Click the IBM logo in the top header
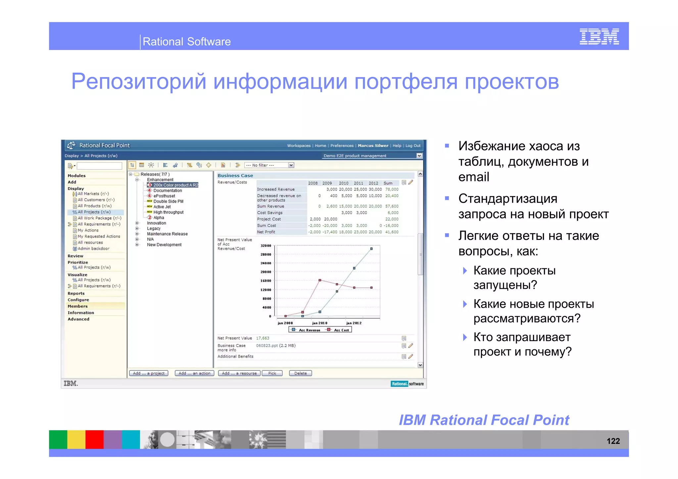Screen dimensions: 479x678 point(599,36)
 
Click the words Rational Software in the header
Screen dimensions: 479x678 point(186,42)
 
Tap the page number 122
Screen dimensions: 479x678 point(613,441)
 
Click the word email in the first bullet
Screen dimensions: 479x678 point(473,177)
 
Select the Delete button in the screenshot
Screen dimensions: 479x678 point(300,373)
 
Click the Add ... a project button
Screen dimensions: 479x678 point(149,373)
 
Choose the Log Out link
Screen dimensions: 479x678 point(413,146)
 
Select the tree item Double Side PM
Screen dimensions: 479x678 point(168,201)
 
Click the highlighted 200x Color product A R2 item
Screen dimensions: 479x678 point(175,185)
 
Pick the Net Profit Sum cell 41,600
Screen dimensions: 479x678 point(392,232)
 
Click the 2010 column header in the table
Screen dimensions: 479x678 point(343,183)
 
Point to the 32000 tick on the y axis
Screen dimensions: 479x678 point(266,246)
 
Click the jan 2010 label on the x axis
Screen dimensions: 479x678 point(319,323)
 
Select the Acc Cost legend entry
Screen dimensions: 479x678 point(341,330)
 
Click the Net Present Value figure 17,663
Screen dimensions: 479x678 point(263,338)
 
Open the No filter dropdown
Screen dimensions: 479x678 point(269,165)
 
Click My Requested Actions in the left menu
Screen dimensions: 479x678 point(99,236)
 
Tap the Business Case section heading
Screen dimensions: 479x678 point(235,176)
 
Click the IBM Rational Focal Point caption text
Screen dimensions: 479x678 point(484,420)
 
